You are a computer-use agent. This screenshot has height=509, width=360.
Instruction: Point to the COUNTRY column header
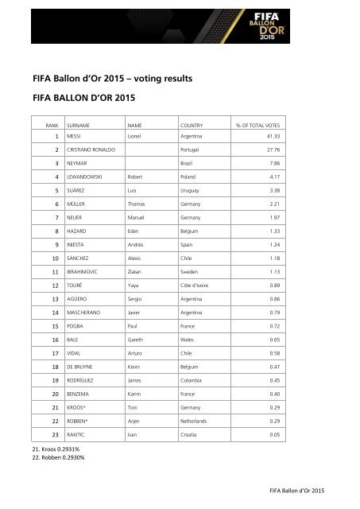(x=195, y=126)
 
